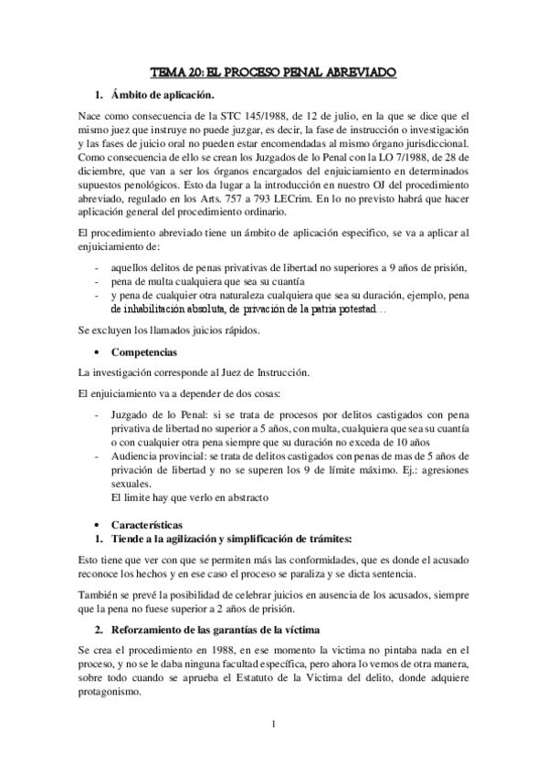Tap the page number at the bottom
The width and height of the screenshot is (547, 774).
273,726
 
